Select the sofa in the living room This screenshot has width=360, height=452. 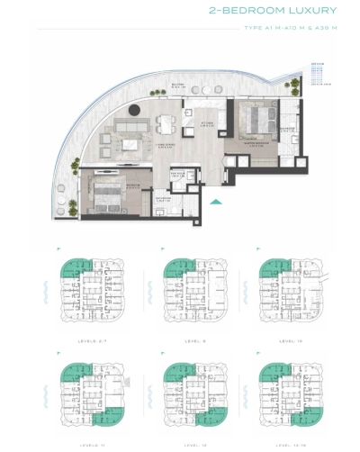point(120,141)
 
